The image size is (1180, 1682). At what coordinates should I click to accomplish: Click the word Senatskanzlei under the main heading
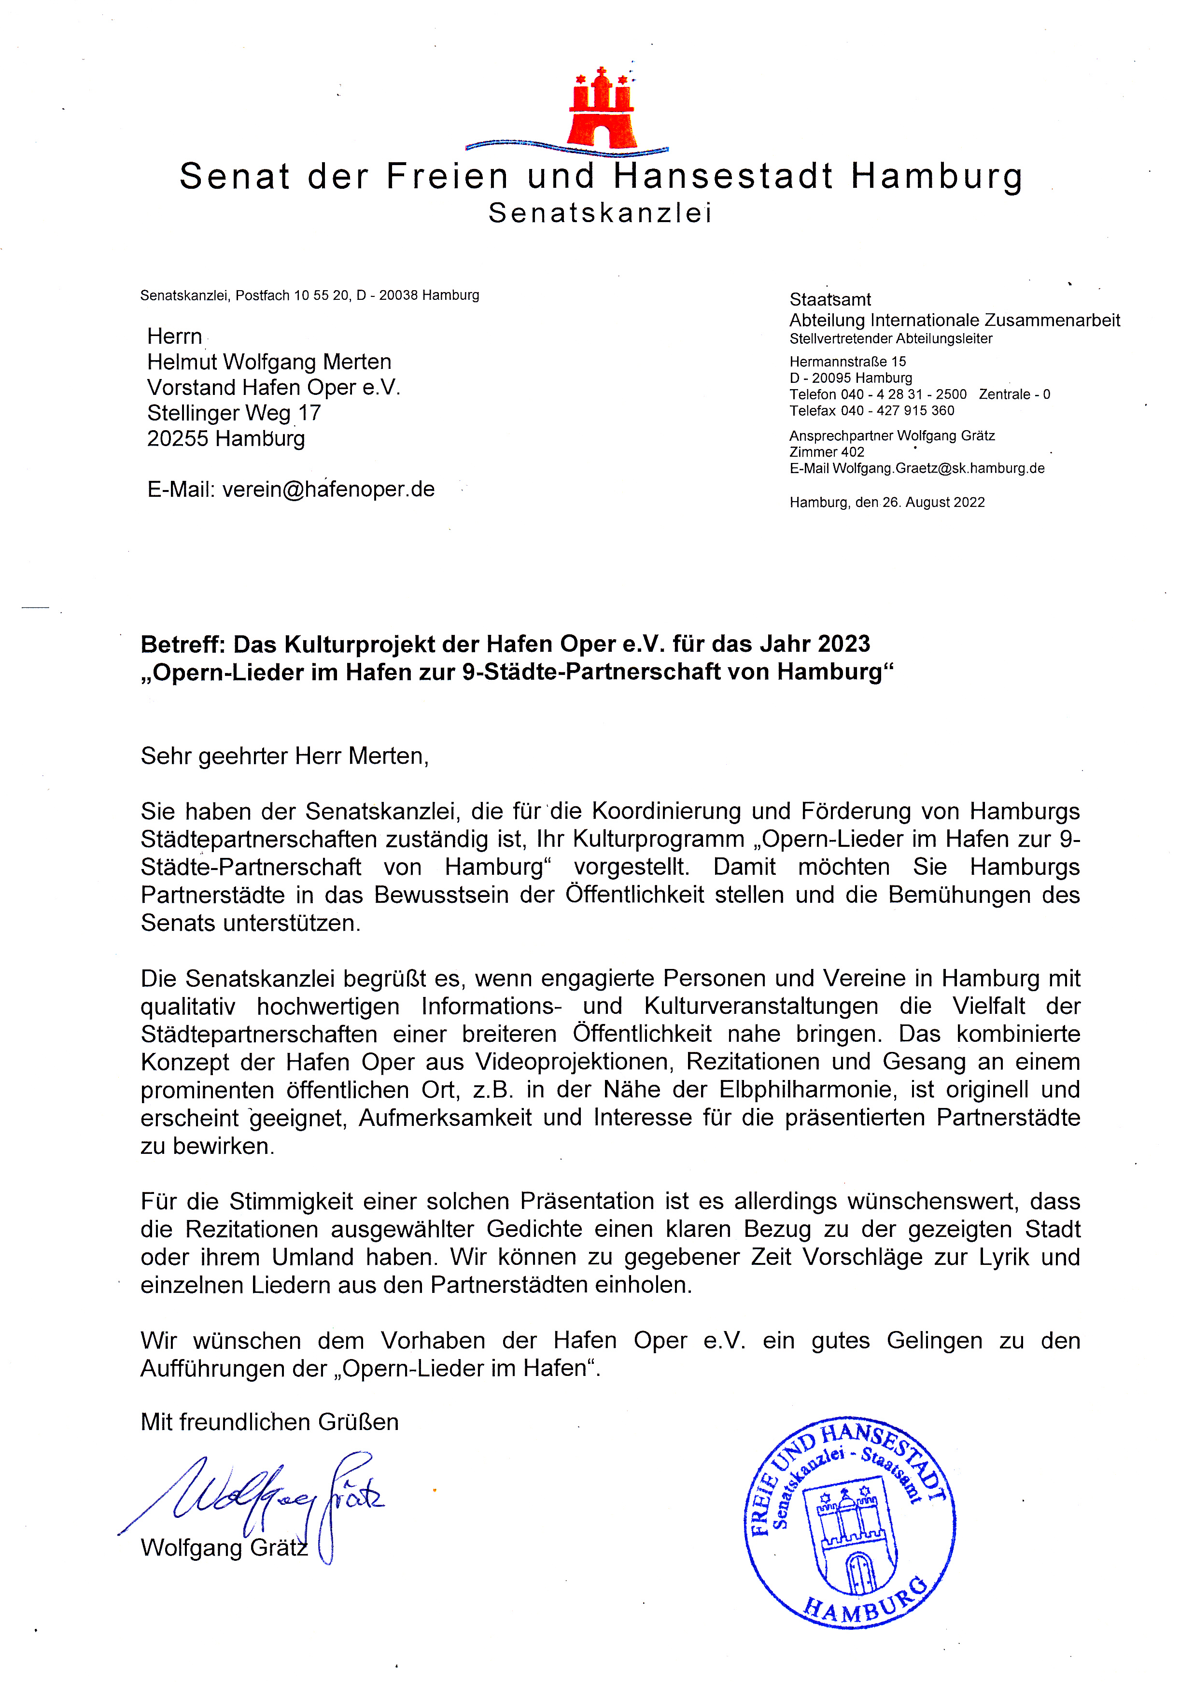[x=600, y=213]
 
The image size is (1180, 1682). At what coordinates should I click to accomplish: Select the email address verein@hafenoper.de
[x=328, y=490]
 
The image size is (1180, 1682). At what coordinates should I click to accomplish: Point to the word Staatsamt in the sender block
[x=830, y=300]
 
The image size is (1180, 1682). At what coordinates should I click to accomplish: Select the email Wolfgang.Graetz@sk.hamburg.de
[x=938, y=469]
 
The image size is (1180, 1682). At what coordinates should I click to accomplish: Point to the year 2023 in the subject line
[x=843, y=644]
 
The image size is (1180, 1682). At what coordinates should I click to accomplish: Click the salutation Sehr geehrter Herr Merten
[x=284, y=756]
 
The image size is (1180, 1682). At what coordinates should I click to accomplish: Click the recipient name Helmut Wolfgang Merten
[x=269, y=362]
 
